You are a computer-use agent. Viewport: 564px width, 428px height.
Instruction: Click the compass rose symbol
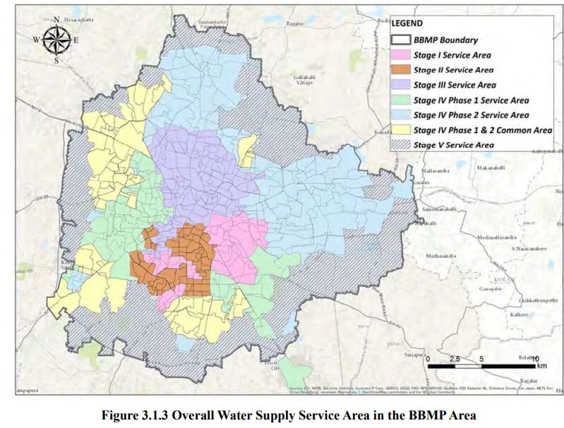click(x=55, y=40)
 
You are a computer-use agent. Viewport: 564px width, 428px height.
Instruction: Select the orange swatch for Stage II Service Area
click(x=401, y=70)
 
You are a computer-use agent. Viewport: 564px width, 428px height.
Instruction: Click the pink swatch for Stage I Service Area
click(x=401, y=55)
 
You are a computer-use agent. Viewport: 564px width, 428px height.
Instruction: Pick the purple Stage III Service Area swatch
click(x=401, y=85)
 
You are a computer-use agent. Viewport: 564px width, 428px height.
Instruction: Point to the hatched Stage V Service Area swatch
click(x=401, y=144)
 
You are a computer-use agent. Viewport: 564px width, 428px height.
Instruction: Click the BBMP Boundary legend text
click(x=445, y=40)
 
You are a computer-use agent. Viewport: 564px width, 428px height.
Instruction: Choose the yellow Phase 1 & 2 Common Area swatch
click(x=401, y=129)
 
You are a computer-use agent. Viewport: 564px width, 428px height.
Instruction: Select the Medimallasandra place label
click(x=498, y=237)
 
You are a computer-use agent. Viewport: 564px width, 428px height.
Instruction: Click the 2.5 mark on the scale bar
click(x=454, y=359)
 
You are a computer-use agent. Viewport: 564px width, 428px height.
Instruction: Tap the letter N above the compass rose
click(x=55, y=19)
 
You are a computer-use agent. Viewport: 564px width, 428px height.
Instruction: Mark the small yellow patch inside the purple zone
click(x=247, y=150)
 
